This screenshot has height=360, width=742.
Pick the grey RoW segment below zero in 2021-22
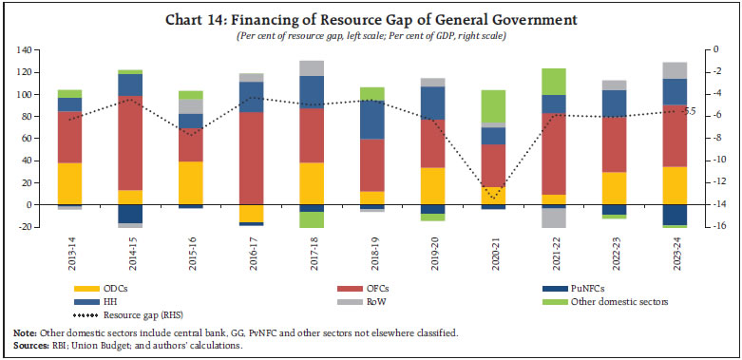554,218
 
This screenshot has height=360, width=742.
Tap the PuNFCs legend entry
588,289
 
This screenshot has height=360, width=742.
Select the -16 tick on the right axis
713,227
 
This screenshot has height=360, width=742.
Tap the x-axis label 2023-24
675,256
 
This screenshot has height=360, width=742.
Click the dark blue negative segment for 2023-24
675,214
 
